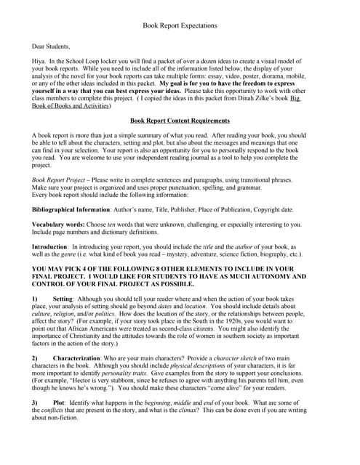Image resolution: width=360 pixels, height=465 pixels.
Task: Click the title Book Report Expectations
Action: [180, 25]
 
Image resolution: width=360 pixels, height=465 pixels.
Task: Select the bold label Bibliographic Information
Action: [71, 209]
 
